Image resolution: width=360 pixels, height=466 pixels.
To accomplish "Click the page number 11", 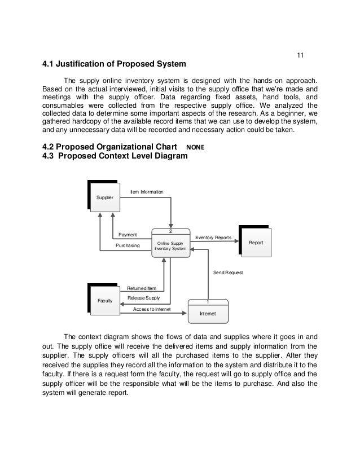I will coord(300,55).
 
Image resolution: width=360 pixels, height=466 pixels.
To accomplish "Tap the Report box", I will coord(256,243).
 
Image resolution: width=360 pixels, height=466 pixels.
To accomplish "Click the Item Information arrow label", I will coord(147,192).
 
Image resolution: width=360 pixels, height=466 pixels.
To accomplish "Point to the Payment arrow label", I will coord(128,235).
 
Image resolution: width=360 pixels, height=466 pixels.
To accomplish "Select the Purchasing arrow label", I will coord(128,246).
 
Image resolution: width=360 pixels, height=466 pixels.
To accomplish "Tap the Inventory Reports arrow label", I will coord(213,238).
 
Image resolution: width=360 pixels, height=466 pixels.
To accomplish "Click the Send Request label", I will coord(228,272).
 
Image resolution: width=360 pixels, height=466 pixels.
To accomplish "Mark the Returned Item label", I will coord(142,288).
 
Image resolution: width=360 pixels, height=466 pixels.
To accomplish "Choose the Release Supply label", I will coord(144,298).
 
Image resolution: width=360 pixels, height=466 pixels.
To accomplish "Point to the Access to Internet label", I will coord(151,309).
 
